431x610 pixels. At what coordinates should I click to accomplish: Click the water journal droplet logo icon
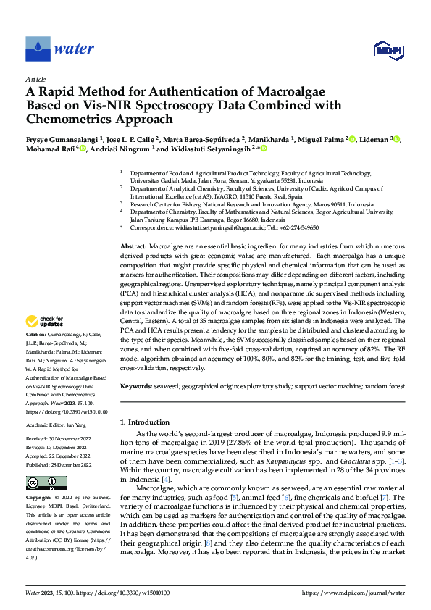38,49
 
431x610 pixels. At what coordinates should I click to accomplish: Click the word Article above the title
35,78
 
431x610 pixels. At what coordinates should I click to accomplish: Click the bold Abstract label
133,247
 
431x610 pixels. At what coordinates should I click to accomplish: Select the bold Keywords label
135,388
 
